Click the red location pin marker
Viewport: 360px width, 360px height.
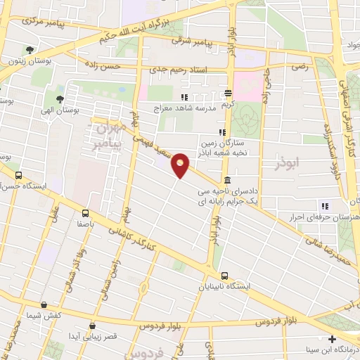181,165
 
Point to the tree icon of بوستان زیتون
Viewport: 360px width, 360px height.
29,50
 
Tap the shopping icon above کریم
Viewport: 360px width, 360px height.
228,94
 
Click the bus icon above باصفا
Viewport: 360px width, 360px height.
85,212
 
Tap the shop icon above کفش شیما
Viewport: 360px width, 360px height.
44,305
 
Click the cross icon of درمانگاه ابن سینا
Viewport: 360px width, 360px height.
332,339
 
